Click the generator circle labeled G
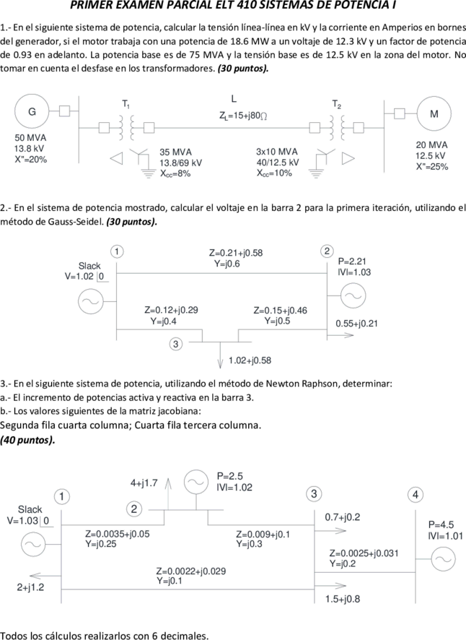(32, 111)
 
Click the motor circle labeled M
(434, 114)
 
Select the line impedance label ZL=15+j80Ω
(243, 116)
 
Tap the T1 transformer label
(126, 105)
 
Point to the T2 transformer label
(336, 105)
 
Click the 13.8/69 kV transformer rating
(180, 163)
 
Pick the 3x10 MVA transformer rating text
(277, 152)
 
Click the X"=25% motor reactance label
(432, 167)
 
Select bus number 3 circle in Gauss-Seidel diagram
(175, 344)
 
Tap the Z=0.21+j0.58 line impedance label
(236, 253)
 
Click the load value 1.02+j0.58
(250, 360)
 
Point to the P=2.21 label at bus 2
(352, 261)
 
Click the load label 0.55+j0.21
(357, 324)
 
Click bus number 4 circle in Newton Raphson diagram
(415, 495)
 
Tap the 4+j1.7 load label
(144, 483)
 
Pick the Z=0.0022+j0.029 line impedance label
(191, 571)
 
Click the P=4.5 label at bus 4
(441, 525)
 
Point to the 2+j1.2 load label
(30, 588)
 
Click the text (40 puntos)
(27, 440)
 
